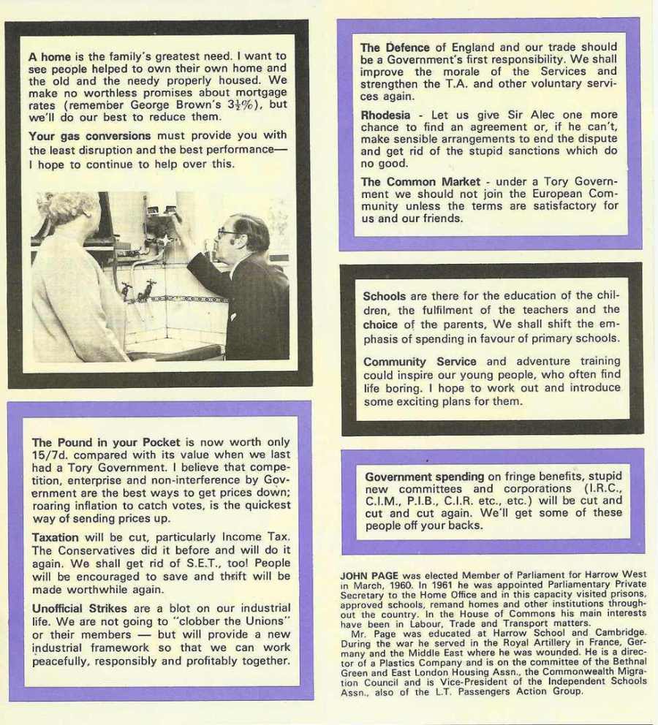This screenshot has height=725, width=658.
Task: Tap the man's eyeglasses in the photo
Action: click(x=227, y=233)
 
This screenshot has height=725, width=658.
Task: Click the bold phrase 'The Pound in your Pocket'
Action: click(x=97, y=443)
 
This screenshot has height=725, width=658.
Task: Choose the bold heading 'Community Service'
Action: click(x=419, y=362)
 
